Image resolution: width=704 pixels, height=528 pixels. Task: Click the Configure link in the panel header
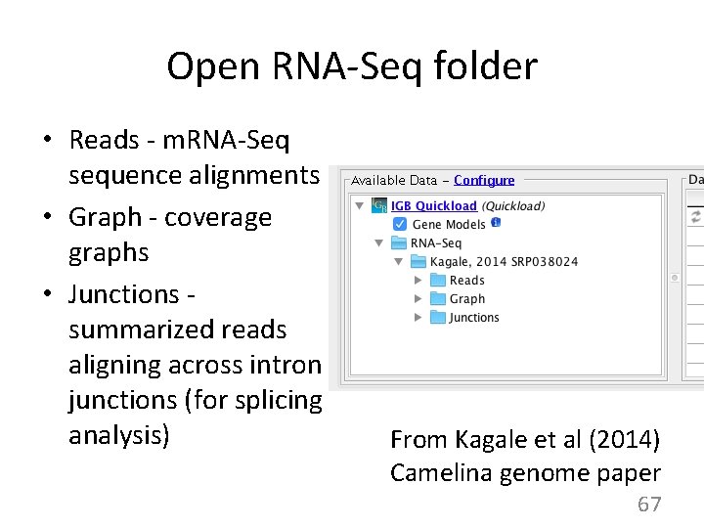484,180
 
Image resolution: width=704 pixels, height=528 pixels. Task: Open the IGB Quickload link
433,206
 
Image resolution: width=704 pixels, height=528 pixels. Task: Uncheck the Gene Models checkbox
400,225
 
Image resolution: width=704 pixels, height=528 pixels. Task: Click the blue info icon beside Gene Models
496,223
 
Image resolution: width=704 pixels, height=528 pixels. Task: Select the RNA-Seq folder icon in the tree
400,243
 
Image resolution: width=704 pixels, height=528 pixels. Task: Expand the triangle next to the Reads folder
418,281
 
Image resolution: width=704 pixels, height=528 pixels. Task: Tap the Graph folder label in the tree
467,299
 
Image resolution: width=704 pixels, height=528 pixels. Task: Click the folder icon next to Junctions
438,318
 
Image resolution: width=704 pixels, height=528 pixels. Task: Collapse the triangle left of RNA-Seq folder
379,243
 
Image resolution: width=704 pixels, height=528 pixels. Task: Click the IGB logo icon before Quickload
379,206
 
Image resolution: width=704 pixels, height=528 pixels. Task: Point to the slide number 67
649,505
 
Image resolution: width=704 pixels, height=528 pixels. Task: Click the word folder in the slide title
489,67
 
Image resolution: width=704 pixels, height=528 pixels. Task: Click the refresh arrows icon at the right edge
696,216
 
